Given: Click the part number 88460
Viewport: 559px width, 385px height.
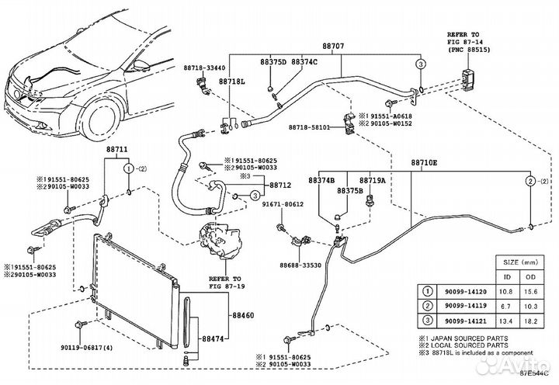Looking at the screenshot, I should point(244,316).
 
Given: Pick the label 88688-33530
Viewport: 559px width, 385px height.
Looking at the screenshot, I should point(300,265).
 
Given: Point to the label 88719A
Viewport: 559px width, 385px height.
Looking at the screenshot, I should point(372,180).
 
